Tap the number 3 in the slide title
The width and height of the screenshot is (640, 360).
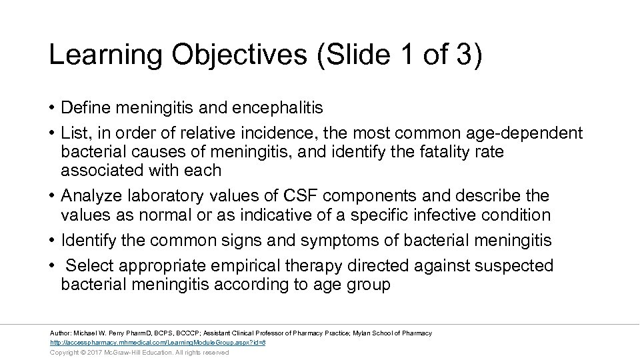point(463,55)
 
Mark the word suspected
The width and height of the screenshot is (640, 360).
point(514,265)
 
